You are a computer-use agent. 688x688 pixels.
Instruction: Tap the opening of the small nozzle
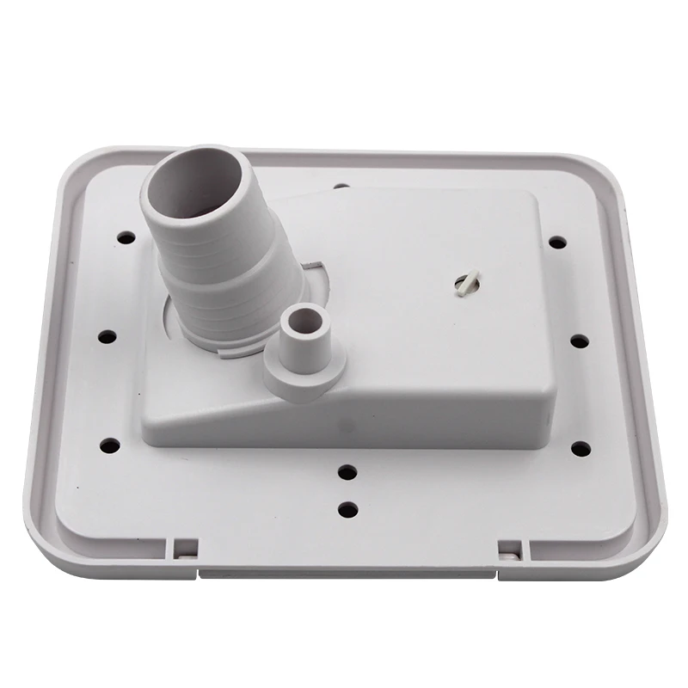pos(304,323)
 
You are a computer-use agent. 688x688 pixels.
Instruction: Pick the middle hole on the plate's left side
pos(107,335)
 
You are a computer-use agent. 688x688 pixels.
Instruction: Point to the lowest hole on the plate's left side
pos(110,445)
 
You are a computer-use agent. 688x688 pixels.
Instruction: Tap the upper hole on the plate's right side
pos(557,243)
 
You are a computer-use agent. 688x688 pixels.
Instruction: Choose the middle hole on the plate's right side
pos(579,341)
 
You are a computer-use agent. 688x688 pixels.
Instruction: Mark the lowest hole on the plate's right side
pos(580,449)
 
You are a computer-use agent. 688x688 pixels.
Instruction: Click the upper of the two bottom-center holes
pos(347,472)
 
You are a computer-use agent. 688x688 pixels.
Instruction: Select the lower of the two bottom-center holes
pos(347,509)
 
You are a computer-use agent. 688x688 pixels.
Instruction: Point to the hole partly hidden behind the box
pos(341,186)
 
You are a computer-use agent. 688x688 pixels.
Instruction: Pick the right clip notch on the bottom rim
pos(509,548)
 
